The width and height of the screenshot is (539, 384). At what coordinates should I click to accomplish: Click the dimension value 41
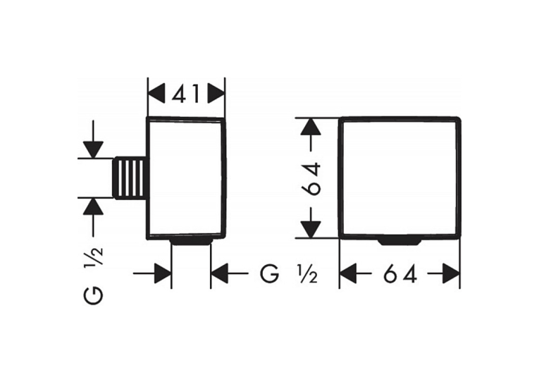tap(185, 94)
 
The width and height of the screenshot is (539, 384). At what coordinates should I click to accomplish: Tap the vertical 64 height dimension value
tap(311, 179)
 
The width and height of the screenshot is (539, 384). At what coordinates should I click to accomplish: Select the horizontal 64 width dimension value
tap(400, 273)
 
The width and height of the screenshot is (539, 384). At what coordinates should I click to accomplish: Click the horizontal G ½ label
tap(288, 273)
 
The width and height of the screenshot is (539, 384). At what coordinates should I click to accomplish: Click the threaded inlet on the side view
tap(130, 178)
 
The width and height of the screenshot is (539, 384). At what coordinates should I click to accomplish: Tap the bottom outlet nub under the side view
tap(191, 241)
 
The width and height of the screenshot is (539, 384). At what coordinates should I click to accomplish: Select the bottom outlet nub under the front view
tap(399, 242)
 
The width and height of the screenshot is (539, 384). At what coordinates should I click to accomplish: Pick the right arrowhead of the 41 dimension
tap(216, 94)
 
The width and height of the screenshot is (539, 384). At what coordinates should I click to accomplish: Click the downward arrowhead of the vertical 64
tap(311, 229)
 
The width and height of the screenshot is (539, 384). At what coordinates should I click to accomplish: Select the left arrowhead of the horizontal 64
tap(348, 273)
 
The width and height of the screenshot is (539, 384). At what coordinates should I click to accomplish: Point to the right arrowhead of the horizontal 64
tap(452, 273)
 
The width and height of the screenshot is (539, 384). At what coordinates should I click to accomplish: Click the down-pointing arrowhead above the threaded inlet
tap(93, 149)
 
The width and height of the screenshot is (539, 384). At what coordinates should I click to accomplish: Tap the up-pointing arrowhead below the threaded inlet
tap(93, 206)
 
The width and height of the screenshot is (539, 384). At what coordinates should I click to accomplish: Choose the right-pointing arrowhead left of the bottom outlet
tap(163, 273)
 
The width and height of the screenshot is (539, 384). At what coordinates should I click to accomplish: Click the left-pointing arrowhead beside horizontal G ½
tap(219, 273)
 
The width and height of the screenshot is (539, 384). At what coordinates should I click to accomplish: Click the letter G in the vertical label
tap(93, 295)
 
